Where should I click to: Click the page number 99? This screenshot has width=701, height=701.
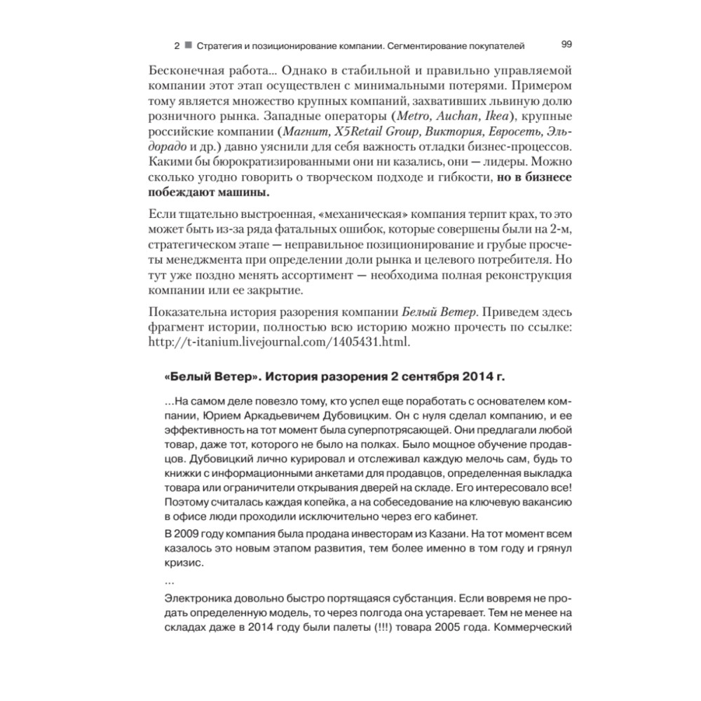567,44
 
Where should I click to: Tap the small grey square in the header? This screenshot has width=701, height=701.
188,46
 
